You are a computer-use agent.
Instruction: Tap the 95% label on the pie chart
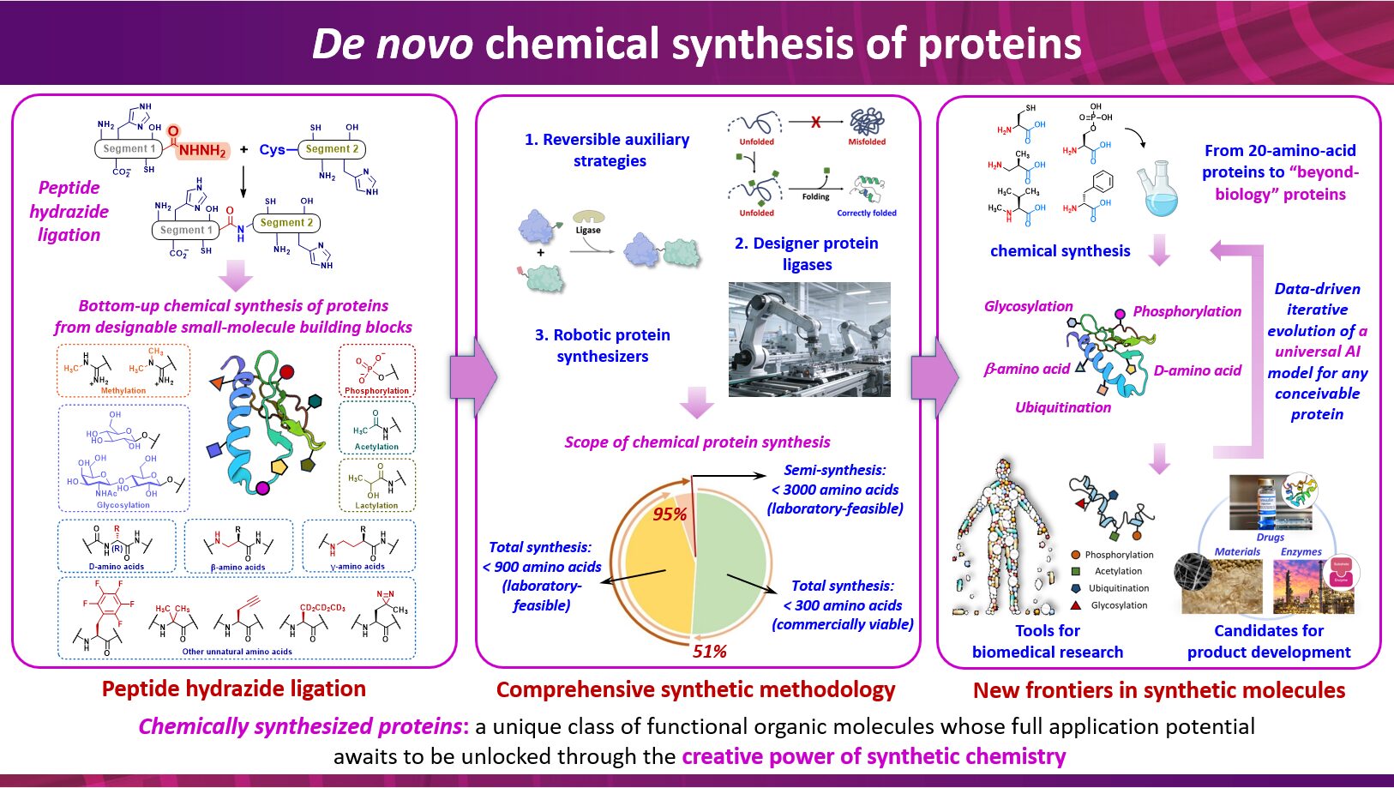(670, 514)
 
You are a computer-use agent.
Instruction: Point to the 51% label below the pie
(710, 652)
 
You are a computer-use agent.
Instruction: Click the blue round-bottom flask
(1159, 190)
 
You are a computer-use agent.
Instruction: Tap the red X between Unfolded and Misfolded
(815, 123)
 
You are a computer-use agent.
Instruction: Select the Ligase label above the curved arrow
(588, 230)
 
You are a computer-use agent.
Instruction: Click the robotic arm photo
(809, 339)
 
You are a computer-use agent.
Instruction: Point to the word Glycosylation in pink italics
(1028, 306)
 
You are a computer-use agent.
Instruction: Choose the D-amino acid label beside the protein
(1197, 370)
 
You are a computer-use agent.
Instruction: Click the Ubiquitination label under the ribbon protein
(1063, 407)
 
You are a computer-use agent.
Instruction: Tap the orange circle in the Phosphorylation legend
(1075, 555)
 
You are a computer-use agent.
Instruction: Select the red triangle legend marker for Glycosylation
(1075, 605)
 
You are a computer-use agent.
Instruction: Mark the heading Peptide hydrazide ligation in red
(234, 689)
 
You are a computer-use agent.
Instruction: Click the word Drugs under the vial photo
(1270, 538)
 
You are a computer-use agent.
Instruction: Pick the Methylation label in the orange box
(123, 391)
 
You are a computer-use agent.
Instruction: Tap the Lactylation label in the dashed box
(376, 506)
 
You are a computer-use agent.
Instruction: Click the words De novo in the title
(392, 44)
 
